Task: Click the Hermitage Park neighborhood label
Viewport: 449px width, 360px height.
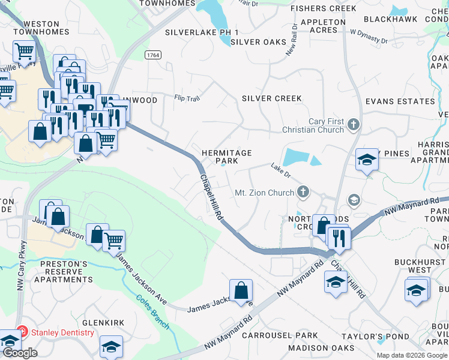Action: pyautogui.click(x=226, y=157)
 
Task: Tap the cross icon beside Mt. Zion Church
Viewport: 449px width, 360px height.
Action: pyautogui.click(x=304, y=192)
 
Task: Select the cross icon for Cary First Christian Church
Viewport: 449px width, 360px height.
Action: pyautogui.click(x=354, y=125)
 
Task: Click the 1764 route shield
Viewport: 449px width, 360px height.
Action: pyautogui.click(x=152, y=55)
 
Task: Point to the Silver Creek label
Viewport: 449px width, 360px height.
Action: pyautogui.click(x=271, y=98)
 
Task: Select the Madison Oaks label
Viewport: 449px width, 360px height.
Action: pyautogui.click(x=321, y=348)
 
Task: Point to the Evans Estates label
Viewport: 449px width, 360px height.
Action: pyautogui.click(x=400, y=102)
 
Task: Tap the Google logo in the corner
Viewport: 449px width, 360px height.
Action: pyautogui.click(x=20, y=353)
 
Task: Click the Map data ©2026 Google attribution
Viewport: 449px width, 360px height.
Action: pyautogui.click(x=411, y=355)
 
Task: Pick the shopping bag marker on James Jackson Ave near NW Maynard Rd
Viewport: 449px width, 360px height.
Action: pyautogui.click(x=241, y=290)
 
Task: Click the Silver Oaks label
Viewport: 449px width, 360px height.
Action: pyautogui.click(x=254, y=42)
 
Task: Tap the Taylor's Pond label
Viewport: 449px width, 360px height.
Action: pyautogui.click(x=366, y=337)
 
